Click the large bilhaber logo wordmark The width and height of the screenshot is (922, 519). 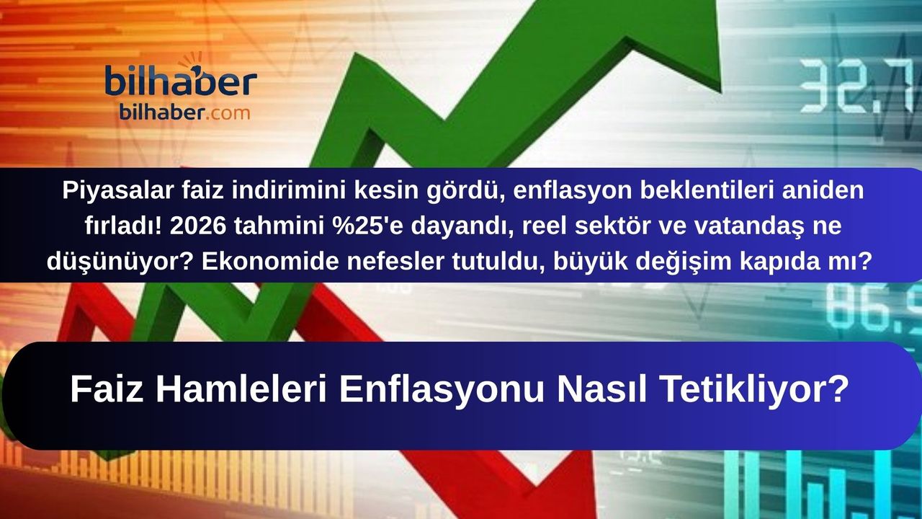(181, 79)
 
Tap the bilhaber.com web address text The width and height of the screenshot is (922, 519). (185, 113)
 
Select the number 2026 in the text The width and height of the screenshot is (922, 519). (198, 226)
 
